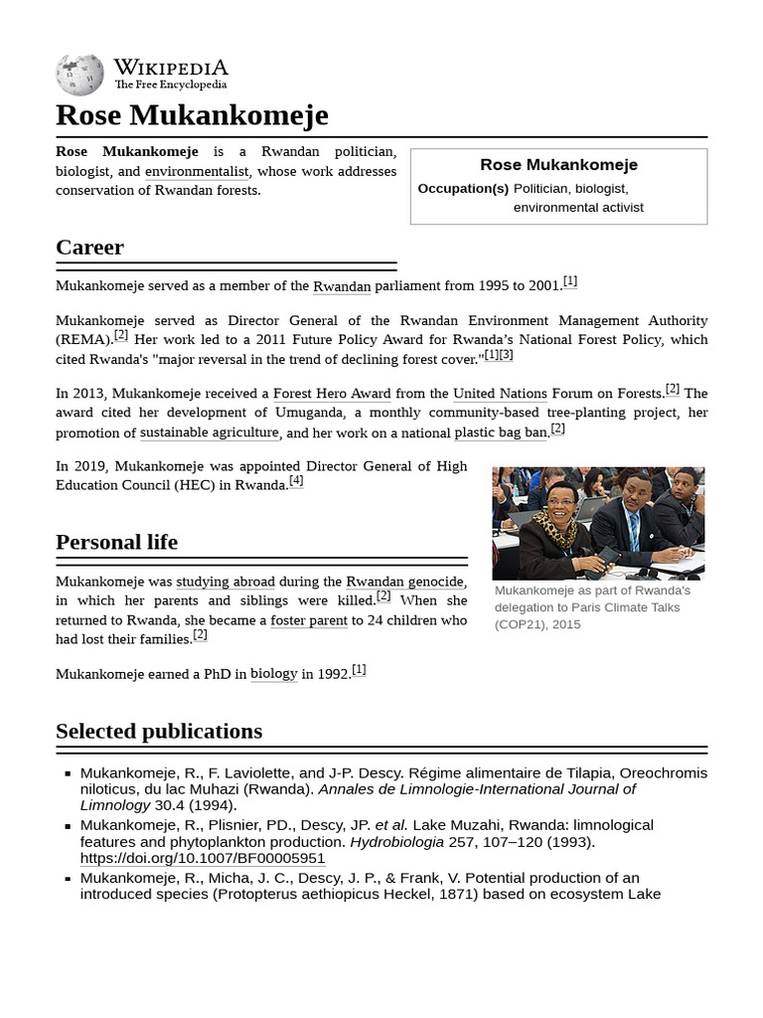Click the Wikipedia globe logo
79,75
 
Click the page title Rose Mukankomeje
192,115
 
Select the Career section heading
89,248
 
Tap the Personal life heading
116,542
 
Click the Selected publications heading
159,732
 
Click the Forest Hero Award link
332,394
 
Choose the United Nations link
500,394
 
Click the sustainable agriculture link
210,432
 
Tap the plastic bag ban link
501,432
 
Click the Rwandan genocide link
404,582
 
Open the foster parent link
309,620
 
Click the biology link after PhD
274,674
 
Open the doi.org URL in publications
203,858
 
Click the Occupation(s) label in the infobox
463,188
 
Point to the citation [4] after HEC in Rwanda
296,481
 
